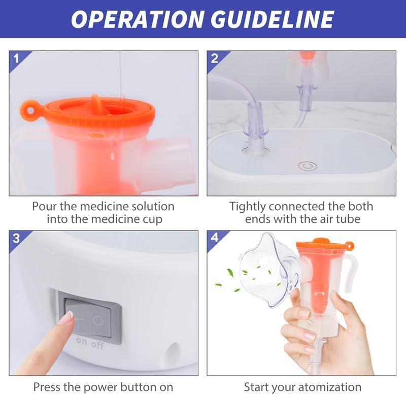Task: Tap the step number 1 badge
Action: tap(16, 58)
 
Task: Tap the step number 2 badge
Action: tap(214, 58)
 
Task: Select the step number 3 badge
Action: tap(16, 238)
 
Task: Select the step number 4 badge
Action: tap(214, 238)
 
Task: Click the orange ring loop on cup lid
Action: tap(28, 109)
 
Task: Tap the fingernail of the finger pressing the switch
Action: tap(65, 318)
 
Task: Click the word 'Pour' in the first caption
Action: tap(45, 207)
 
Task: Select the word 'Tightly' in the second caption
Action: tap(248, 207)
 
